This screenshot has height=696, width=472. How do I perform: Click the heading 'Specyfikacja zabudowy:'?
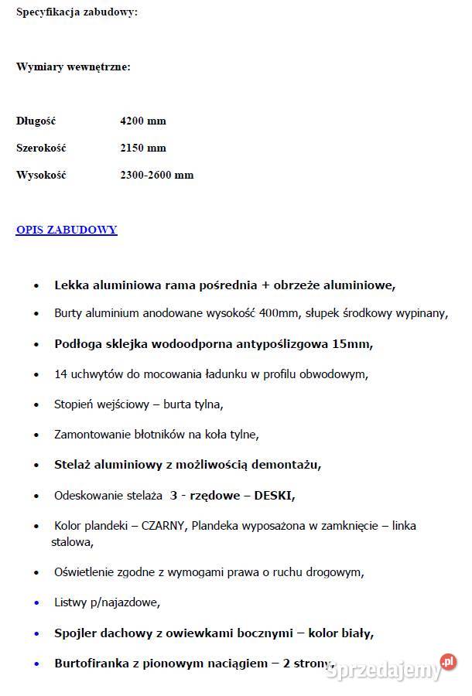click(77, 12)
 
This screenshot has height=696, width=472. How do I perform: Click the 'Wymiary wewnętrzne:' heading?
click(74, 67)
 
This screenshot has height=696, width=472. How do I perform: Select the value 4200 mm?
click(143, 121)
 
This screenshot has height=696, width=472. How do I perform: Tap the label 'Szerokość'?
click(40, 148)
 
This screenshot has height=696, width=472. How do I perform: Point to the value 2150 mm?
click(143, 148)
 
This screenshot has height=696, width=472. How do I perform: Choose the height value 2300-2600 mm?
click(157, 175)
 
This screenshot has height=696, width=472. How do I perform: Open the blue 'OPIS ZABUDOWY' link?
click(67, 230)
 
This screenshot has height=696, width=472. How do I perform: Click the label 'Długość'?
click(36, 121)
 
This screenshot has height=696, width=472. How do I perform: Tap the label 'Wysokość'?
click(41, 175)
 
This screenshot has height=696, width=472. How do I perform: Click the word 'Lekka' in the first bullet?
click(70, 285)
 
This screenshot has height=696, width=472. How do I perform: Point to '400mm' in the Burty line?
click(282, 313)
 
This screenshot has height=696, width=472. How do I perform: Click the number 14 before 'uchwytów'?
click(61, 374)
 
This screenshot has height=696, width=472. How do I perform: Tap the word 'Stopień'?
click(74, 404)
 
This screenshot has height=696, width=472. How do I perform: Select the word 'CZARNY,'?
click(163, 526)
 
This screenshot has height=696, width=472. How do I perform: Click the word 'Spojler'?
click(76, 633)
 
